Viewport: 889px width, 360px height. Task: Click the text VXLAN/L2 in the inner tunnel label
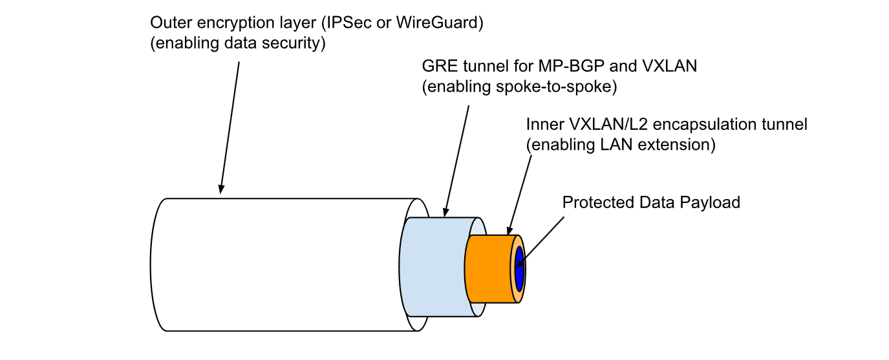594,124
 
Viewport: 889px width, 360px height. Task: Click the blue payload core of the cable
519,268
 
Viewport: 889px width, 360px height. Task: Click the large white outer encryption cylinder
278,265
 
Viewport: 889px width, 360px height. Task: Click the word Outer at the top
167,23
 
